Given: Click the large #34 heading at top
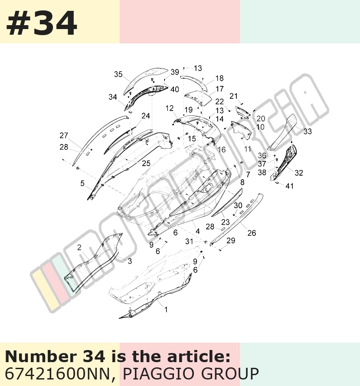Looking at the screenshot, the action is [x=41, y=23].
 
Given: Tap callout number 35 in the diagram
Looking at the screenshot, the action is [x=118, y=74].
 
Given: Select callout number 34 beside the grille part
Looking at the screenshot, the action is [x=113, y=97].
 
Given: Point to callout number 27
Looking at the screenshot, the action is [x=64, y=135].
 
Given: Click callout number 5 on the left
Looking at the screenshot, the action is [x=82, y=183].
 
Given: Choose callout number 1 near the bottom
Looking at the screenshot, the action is [x=166, y=309].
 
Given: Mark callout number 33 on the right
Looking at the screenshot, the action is [x=308, y=131].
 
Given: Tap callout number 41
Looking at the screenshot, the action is [x=290, y=186].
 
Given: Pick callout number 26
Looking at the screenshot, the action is [x=252, y=233].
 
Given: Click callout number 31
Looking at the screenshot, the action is [x=189, y=242].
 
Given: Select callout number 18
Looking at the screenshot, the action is [x=219, y=78].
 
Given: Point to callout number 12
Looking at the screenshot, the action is [x=170, y=108].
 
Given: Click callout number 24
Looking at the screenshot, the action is [x=146, y=116].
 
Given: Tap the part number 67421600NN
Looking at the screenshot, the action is [x=57, y=374].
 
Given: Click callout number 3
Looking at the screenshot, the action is [x=130, y=261].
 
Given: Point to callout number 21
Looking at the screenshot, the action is [x=233, y=96].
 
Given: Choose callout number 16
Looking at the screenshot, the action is [x=222, y=150].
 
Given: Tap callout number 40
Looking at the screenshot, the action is [x=175, y=89].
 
